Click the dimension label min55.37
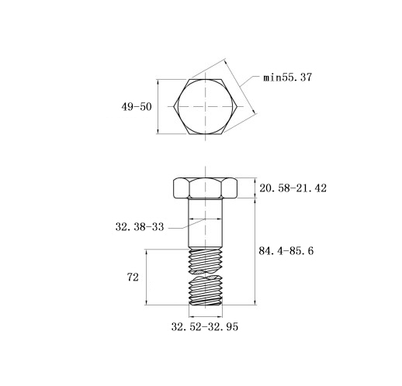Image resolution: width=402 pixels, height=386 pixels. pyautogui.click(x=287, y=78)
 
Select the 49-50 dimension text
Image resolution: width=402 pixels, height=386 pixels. pyautogui.click(x=137, y=106)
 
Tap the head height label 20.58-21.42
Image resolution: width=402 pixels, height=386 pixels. pyautogui.click(x=293, y=188)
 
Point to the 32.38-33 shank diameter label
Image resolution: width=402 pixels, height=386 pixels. pyautogui.click(x=140, y=227)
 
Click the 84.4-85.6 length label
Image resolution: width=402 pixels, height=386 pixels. pyautogui.click(x=286, y=250)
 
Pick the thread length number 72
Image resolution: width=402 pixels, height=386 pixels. pyautogui.click(x=133, y=277)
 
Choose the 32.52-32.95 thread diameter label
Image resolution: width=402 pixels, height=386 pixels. pyautogui.click(x=205, y=327)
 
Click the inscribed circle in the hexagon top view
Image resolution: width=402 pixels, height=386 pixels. pyautogui.click(x=178, y=106)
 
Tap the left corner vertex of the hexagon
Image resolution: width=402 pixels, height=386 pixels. pyautogui.click(x=174, y=106)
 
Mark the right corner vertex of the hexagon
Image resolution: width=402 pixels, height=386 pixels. pyautogui.click(x=237, y=106)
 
